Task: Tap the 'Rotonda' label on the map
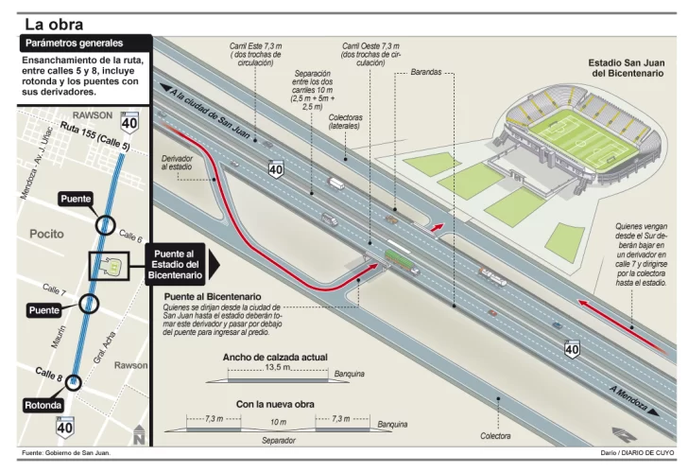(43, 406)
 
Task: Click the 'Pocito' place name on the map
(47, 233)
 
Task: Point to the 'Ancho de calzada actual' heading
(275, 357)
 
